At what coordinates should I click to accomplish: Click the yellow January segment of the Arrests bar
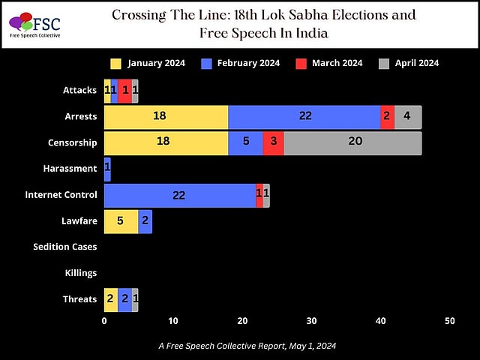pos(166,117)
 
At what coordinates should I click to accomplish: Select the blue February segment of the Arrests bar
pos(304,117)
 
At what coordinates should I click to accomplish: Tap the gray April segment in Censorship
pos(352,142)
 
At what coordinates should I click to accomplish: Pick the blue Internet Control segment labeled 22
pos(179,195)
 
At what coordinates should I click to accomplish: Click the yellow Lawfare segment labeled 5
pos(121,221)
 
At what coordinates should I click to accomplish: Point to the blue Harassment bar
pos(107,169)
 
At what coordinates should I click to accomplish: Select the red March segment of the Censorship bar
pos(273,142)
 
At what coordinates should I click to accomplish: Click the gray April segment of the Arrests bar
pos(407,117)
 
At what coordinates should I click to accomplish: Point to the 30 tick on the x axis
pos(311,321)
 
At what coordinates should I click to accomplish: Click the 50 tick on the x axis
pos(450,321)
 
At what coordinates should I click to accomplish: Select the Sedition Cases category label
pos(65,247)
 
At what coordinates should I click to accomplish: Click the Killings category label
pos(81,273)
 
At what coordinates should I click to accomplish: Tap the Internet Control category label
pos(61,195)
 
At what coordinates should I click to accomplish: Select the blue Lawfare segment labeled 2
pos(145,221)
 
